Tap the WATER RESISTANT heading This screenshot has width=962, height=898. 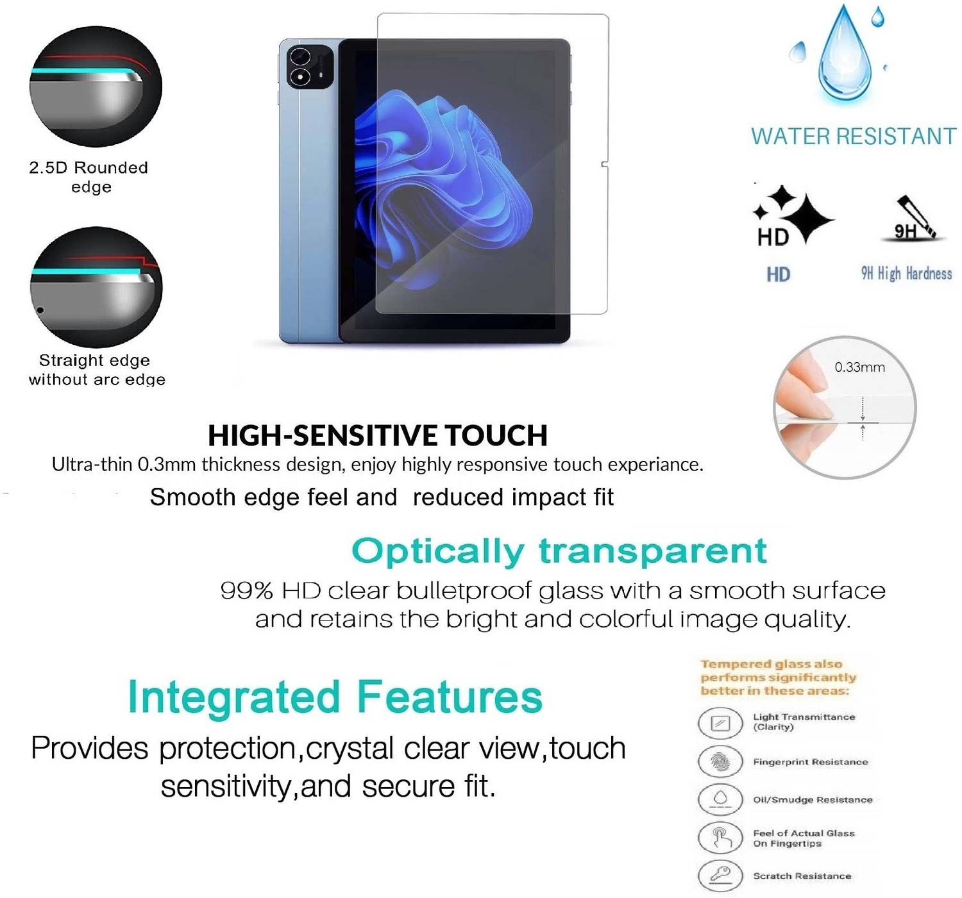(854, 137)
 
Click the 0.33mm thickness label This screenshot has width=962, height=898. (859, 367)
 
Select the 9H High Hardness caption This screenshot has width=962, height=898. (906, 274)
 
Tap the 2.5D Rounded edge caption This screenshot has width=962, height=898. (89, 178)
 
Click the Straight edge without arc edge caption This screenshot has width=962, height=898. (96, 370)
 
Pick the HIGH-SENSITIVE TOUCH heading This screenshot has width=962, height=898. (377, 435)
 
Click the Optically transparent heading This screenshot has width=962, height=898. (559, 552)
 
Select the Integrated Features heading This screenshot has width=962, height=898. (335, 697)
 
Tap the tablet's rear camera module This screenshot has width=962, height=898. (310, 67)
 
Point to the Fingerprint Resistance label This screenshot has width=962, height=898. (811, 762)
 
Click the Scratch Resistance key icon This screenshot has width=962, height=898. (720, 876)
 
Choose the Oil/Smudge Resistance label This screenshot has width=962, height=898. (813, 800)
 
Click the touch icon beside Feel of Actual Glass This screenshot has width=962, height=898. (720, 838)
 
